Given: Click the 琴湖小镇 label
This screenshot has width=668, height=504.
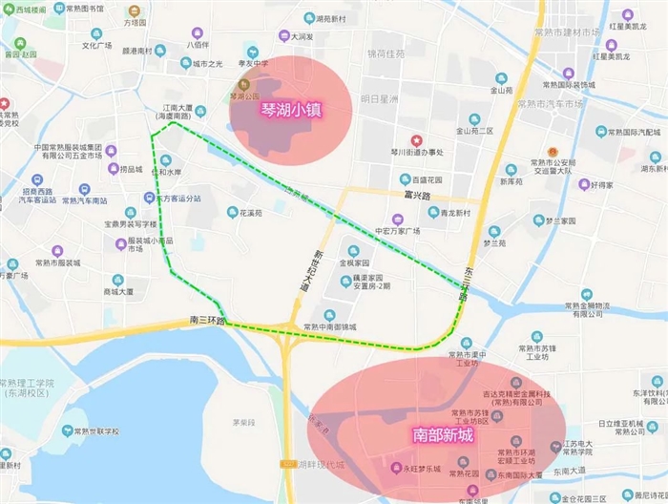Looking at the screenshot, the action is click(291, 110).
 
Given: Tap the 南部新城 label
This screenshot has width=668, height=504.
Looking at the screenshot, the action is click(444, 434).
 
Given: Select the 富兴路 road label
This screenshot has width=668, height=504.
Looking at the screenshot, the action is click(419, 196).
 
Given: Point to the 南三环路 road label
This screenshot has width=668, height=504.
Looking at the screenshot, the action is click(207, 320).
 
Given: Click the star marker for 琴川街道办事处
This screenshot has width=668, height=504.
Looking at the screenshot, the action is click(415, 140).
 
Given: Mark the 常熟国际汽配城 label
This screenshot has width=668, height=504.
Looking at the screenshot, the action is click(637, 132).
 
